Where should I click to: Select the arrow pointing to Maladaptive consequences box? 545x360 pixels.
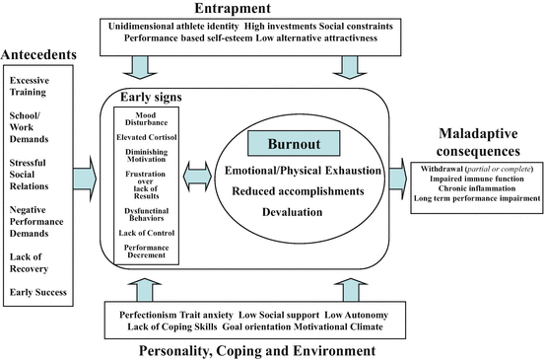coord(398,178)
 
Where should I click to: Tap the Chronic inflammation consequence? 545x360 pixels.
coord(477,188)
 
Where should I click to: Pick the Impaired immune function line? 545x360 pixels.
coord(477,178)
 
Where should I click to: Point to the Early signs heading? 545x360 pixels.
coord(153,99)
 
